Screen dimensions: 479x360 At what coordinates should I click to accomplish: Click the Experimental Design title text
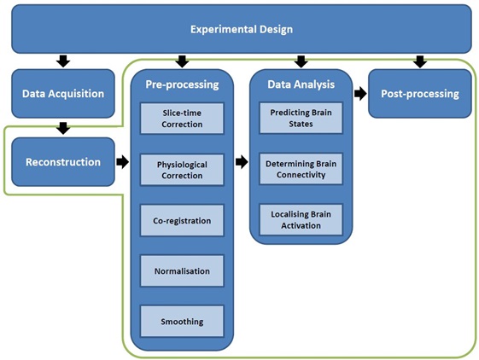point(242,29)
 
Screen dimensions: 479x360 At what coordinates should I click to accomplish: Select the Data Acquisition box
point(63,94)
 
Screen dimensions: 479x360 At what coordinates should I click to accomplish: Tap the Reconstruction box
point(63,162)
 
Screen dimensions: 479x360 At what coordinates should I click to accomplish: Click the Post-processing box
point(420,94)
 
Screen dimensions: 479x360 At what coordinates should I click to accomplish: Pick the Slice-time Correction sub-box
point(182,119)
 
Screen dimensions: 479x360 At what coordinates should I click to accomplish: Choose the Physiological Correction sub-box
point(182,170)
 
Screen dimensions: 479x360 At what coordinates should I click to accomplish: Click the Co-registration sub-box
point(182,220)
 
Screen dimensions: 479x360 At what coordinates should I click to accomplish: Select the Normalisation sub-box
point(182,270)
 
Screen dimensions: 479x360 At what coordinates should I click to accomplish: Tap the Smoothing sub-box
point(182,322)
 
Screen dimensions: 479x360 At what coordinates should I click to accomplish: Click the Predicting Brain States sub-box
point(301,118)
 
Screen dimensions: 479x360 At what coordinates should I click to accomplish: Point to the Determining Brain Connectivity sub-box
point(301,169)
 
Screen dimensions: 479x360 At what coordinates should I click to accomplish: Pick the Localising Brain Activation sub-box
point(301,219)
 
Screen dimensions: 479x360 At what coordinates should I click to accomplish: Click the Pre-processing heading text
point(182,84)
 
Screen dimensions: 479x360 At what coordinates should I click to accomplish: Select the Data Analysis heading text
point(301,84)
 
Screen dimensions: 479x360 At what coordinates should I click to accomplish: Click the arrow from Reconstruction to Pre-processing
point(122,162)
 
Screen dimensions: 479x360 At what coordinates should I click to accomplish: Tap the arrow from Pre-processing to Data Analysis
point(242,162)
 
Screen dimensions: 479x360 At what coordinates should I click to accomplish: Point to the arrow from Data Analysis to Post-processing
point(360,94)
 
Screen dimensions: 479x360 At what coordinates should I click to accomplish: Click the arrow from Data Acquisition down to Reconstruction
point(63,128)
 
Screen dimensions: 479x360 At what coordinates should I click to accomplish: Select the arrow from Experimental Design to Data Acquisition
point(63,61)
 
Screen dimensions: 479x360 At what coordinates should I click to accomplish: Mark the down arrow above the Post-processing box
point(420,61)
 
